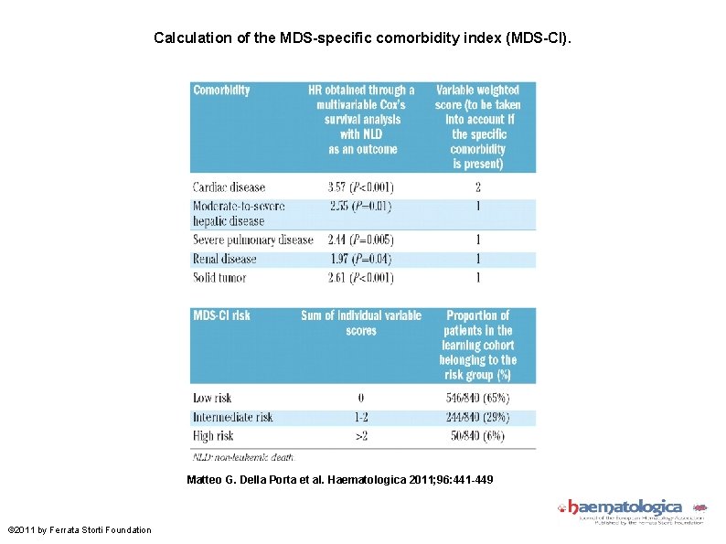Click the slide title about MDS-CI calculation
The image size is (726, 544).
(362, 38)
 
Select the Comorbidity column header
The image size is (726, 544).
(221, 91)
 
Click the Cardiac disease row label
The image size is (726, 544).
(229, 187)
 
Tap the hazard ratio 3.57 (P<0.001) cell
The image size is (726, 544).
(360, 187)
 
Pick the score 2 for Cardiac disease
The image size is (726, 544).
(477, 187)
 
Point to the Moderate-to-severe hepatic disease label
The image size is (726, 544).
(239, 213)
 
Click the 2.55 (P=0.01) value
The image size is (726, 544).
(360, 207)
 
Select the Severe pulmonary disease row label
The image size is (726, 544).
(252, 240)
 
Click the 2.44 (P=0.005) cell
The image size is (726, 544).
(360, 240)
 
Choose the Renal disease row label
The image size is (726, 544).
(225, 259)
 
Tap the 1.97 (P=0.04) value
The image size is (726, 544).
(360, 259)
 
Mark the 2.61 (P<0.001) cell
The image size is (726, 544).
(360, 277)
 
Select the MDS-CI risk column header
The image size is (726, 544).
(221, 315)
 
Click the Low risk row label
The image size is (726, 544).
(212, 398)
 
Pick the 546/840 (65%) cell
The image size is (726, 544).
(477, 398)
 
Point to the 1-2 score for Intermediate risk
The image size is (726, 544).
(360, 417)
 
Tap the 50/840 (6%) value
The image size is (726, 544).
(477, 436)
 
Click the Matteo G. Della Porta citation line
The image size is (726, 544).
(339, 479)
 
